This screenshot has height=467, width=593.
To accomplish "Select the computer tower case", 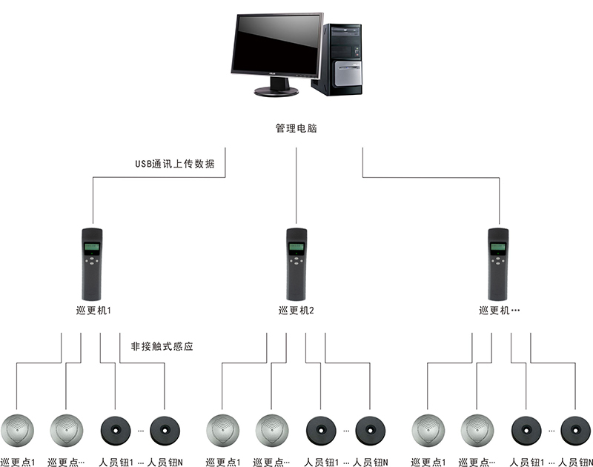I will [x=345, y=59].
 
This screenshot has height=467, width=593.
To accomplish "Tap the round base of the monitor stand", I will [x=276, y=91].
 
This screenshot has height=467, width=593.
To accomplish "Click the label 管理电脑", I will [x=296, y=128].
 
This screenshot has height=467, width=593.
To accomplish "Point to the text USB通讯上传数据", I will [x=175, y=164].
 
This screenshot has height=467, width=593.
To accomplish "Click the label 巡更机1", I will [x=93, y=311].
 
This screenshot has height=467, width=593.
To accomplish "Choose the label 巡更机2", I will [x=296, y=311].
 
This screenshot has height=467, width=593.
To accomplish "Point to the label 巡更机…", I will [x=499, y=311].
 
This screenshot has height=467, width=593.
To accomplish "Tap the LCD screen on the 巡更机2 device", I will [x=296, y=246].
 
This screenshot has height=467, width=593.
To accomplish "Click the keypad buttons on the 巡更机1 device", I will [x=92, y=260].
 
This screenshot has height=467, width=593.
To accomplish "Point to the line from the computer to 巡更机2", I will [x=296, y=185].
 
